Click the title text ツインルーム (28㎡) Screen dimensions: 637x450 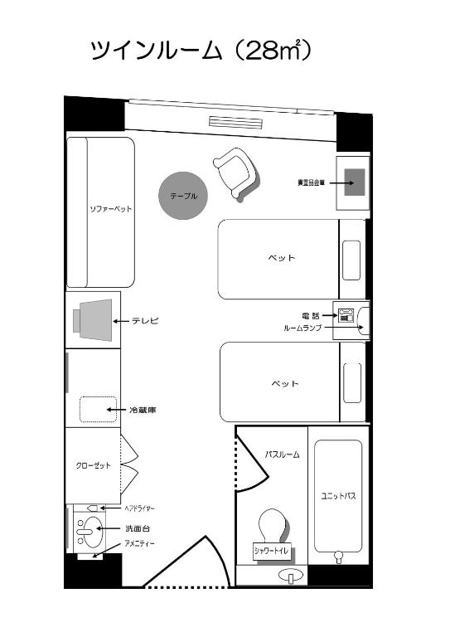pyautogui.click(x=201, y=51)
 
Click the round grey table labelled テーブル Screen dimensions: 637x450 pyautogui.click(x=183, y=197)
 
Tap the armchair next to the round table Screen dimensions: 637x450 pyautogui.click(x=235, y=173)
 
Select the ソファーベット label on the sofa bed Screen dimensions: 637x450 pyautogui.click(x=110, y=209)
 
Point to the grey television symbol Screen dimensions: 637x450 pyautogui.click(x=93, y=319)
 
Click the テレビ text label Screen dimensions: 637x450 pyautogui.click(x=145, y=320)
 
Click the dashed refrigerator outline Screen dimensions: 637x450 pyautogui.click(x=98, y=410)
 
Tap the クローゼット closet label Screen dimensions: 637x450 pyautogui.click(x=94, y=465)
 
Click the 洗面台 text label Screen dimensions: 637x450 pyautogui.click(x=137, y=528)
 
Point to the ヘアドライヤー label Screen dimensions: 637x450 pyautogui.click(x=139, y=508)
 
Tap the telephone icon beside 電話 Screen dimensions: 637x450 pyautogui.click(x=346, y=315)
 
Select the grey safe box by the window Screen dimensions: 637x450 pyautogui.click(x=356, y=182)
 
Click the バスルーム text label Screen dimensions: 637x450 pyautogui.click(x=282, y=455)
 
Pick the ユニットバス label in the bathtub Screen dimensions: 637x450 pyautogui.click(x=338, y=496)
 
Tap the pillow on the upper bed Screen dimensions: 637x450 pyautogui.click(x=352, y=259)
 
